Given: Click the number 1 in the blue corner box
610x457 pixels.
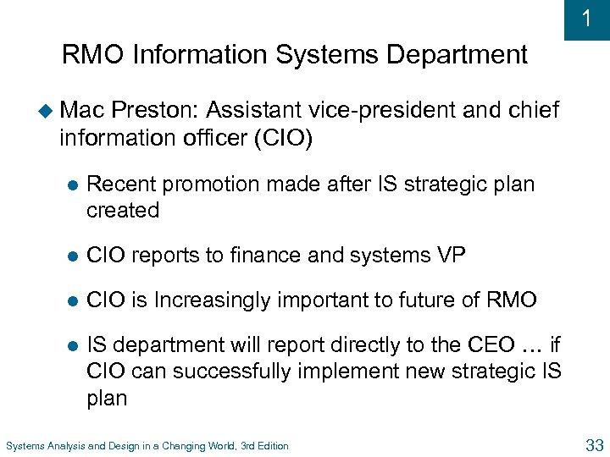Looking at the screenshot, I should pos(587,19).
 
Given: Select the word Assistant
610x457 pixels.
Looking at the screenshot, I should pos(252,110).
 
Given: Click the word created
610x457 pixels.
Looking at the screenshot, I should pos(123,210).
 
